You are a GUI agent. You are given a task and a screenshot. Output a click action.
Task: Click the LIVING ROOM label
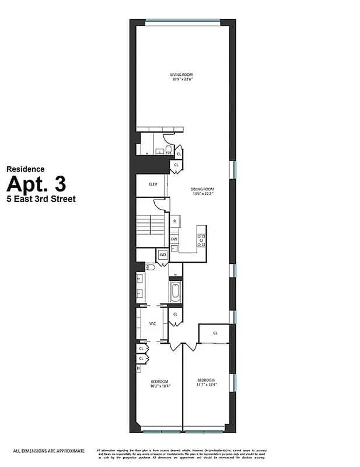[x=181, y=75]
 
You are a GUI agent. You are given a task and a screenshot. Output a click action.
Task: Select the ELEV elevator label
[x=153, y=184]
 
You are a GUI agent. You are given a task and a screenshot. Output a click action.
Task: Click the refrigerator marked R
[x=174, y=221]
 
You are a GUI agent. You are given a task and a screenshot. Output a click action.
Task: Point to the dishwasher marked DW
[x=174, y=239]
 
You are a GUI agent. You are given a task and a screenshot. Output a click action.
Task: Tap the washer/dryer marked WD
[x=162, y=255]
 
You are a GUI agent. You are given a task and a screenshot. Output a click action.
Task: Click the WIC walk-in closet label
[x=152, y=323]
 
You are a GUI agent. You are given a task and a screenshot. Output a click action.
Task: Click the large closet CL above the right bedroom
[x=215, y=333]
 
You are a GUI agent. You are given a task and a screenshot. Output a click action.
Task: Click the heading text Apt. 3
[x=36, y=184]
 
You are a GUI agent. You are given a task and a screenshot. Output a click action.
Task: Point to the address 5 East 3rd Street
[x=41, y=198]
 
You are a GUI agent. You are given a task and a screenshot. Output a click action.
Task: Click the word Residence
[x=25, y=169]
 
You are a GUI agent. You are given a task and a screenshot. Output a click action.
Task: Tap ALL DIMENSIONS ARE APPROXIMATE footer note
[x=49, y=451]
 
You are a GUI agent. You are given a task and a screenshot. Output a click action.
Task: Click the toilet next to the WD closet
[x=151, y=267]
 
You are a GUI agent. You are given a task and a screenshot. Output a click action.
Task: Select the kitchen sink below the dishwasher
[x=174, y=248]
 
